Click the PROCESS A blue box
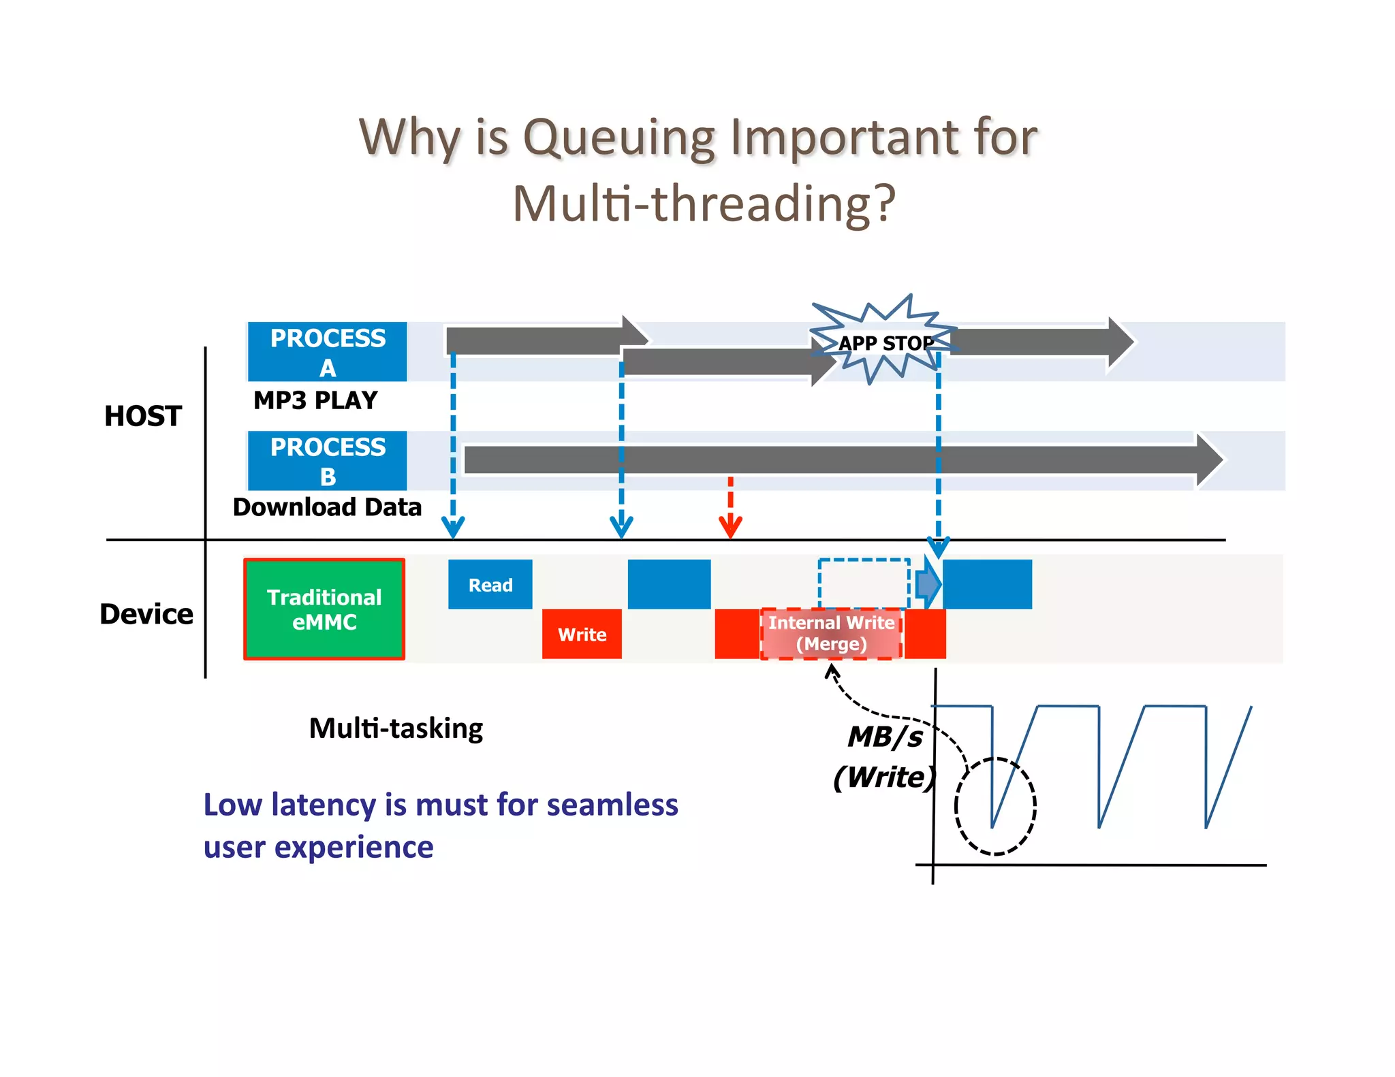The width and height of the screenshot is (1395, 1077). coord(327,351)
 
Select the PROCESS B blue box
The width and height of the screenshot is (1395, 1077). coord(327,460)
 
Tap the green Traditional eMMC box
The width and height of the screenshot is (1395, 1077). coord(324,609)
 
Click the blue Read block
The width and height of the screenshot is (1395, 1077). coord(490,584)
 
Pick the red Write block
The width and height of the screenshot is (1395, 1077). coord(582,634)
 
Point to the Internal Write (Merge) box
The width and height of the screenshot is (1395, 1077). coord(831,633)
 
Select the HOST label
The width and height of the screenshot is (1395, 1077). coord(143,416)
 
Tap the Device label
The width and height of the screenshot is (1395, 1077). coord(146,614)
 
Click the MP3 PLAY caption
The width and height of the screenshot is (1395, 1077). coord(315,400)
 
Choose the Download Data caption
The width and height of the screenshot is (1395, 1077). coord(327,507)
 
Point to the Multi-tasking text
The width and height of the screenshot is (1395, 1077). coord(396,728)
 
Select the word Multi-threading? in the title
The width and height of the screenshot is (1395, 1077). coord(704,204)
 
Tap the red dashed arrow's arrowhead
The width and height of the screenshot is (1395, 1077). coord(730,527)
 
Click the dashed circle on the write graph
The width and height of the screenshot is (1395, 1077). coord(995,806)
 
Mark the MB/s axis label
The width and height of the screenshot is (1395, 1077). coord(885,737)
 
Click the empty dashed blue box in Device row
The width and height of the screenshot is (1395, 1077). coord(864,583)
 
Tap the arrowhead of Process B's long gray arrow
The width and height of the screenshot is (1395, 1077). coord(1210,460)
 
